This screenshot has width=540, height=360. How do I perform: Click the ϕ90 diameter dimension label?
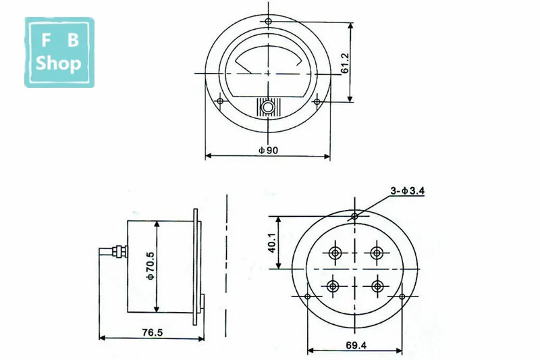268,150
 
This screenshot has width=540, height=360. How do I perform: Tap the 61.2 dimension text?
345,63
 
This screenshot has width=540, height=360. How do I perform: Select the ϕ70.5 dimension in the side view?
151,265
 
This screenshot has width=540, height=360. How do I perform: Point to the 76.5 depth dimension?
153,332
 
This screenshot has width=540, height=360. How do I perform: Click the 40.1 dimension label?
272,243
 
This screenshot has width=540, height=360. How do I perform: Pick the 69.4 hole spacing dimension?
356,345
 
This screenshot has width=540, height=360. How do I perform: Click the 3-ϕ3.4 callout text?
408,190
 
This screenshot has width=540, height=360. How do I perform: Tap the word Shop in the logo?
59,63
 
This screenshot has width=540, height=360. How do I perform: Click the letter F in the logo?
46,40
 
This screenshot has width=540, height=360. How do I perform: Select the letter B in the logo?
73,40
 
